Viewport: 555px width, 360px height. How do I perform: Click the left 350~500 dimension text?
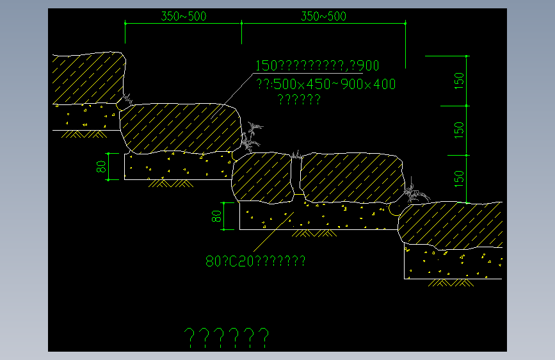tap(184, 17)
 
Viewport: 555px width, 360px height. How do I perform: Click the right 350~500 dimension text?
tap(323, 17)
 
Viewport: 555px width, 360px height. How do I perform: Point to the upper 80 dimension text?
tap(101, 167)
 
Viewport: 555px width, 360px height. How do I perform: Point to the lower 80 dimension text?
tap(216, 216)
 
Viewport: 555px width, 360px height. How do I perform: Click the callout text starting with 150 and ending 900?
tap(318, 65)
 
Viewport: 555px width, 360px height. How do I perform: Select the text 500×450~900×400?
tap(326, 85)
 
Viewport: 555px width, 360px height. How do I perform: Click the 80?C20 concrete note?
tap(255, 261)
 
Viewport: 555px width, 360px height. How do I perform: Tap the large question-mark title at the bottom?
tap(227, 336)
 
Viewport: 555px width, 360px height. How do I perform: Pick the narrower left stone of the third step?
tap(262, 177)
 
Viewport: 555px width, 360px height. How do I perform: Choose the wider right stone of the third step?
tap(351, 177)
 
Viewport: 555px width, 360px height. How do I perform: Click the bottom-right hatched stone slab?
tap(451, 223)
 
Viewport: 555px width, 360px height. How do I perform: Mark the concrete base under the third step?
tap(317, 217)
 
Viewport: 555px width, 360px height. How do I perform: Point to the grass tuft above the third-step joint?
tap(296, 154)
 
